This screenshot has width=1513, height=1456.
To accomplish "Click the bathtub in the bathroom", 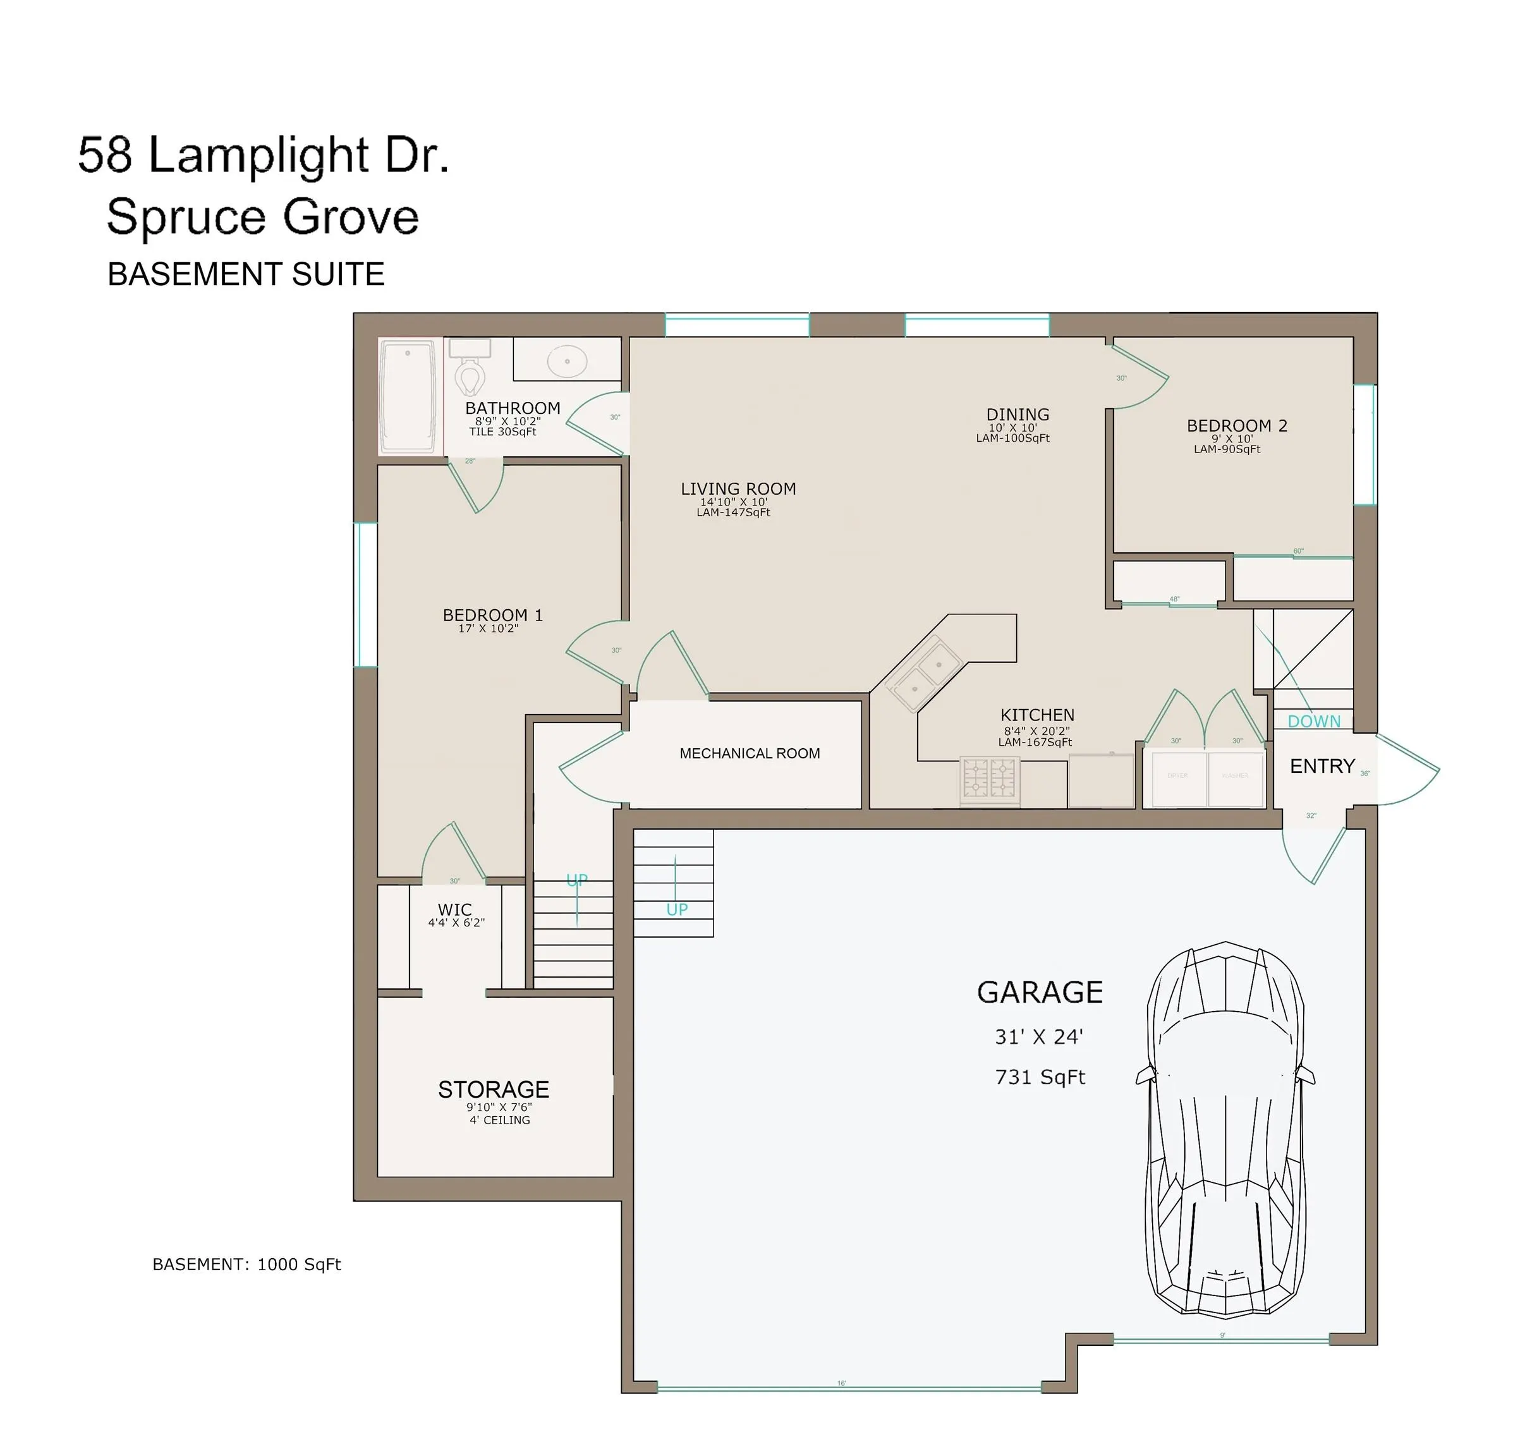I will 408,396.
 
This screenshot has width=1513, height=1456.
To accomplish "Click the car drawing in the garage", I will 1225,1127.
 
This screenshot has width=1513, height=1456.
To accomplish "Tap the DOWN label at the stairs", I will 1314,721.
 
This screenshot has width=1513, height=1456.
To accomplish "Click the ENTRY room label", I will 1322,766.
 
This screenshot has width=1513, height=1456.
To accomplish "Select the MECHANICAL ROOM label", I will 750,753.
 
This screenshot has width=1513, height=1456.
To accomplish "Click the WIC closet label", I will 454,909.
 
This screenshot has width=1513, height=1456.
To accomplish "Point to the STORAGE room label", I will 493,1089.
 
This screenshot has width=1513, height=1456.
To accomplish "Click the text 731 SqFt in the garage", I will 1040,1077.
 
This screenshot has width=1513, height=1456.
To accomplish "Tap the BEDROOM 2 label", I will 1237,425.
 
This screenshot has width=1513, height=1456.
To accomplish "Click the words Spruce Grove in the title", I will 262,217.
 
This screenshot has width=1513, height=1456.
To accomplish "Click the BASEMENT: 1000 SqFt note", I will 246,1265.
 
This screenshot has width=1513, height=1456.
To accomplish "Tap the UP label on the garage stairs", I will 677,909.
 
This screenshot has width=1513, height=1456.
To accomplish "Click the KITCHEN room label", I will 1036,715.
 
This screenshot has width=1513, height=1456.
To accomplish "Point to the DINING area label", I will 1018,415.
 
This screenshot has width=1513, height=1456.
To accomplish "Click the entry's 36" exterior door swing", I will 1409,769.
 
